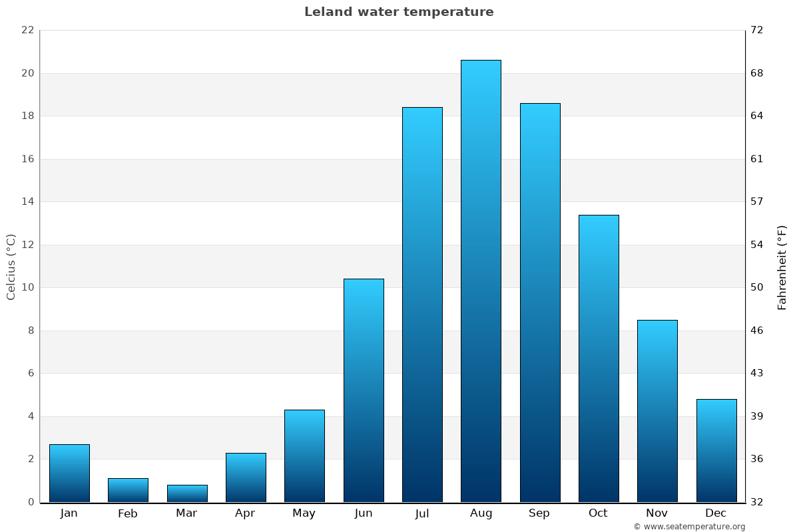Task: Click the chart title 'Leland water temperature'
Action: [x=399, y=12]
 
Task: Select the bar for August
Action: [x=481, y=281]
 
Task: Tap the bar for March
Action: [x=187, y=493]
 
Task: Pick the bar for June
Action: [x=364, y=390]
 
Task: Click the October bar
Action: [x=599, y=358]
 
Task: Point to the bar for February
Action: [x=128, y=490]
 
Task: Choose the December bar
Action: [x=716, y=450]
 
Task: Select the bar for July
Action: [x=422, y=305]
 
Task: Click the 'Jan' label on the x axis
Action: [x=69, y=513]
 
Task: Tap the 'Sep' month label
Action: [x=539, y=513]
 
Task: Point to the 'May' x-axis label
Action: [x=304, y=513]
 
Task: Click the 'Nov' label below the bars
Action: [x=657, y=513]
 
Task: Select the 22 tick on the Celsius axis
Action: [x=27, y=30]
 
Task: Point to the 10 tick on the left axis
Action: [x=27, y=287]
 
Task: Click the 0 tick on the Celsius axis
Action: [x=30, y=502]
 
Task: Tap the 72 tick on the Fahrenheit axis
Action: [x=757, y=30]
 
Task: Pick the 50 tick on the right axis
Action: [x=757, y=287]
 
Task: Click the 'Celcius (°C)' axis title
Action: [x=11, y=267]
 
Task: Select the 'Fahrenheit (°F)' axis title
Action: [x=782, y=267]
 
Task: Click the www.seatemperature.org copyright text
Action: [x=689, y=527]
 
